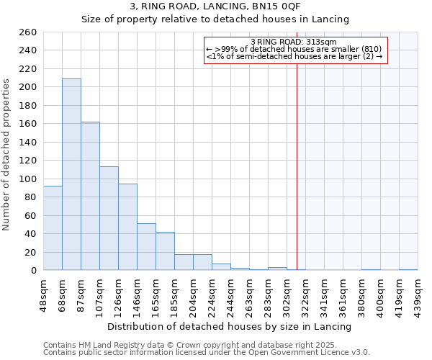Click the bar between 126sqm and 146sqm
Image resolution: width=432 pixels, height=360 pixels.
[x=127, y=227]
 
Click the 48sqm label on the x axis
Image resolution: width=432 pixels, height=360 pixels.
[x=43, y=293]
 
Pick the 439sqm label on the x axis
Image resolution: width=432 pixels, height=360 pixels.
[x=418, y=293]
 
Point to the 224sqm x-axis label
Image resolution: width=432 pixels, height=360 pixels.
[x=212, y=293]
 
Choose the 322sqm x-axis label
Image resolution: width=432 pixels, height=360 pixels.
[x=305, y=293]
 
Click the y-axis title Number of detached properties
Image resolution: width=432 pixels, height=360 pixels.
[x=7, y=155]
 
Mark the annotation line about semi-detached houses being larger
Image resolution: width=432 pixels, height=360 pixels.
[x=294, y=56]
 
